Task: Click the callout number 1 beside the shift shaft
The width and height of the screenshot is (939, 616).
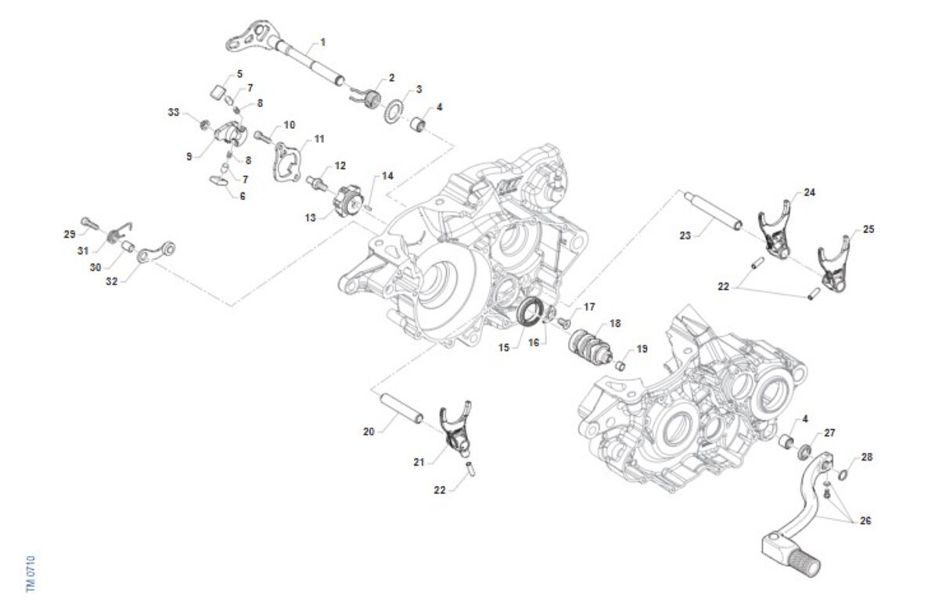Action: coord(322,42)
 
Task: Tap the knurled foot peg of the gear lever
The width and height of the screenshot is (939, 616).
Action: coord(804,564)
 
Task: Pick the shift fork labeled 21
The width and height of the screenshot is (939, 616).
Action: coord(455,430)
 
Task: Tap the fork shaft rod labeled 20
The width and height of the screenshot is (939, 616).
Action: coord(401,408)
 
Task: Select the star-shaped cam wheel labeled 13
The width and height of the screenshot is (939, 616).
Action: coord(347,202)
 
